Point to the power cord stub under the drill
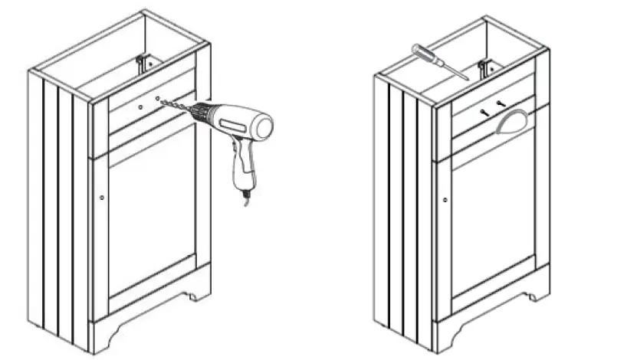pos(246,200)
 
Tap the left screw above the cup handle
pos(484,111)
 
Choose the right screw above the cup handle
pos(501,104)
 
